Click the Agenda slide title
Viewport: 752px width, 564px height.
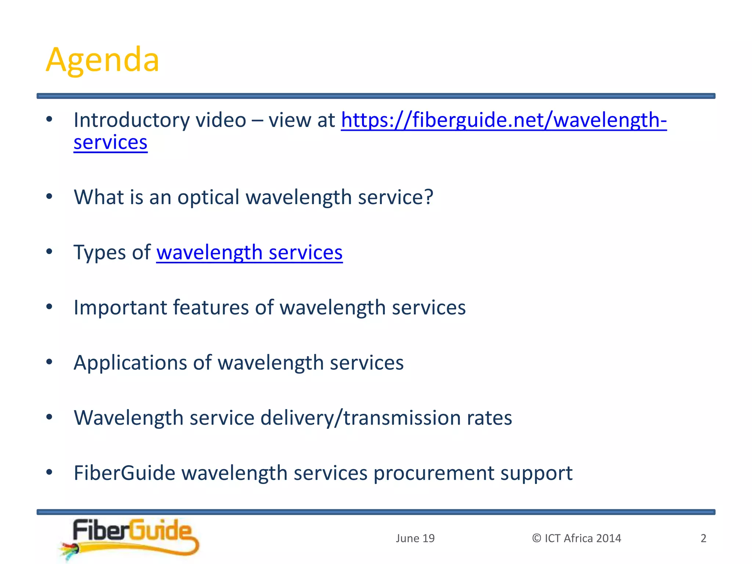pyautogui.click(x=102, y=60)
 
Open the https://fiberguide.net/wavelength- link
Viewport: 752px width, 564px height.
pyautogui.click(x=504, y=120)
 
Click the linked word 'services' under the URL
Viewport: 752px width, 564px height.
pyautogui.click(x=111, y=142)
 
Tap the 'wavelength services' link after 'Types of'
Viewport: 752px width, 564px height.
pyautogui.click(x=249, y=253)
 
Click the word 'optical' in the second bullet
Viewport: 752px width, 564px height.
pyautogui.click(x=208, y=198)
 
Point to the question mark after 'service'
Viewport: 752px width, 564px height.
pyautogui.click(x=429, y=197)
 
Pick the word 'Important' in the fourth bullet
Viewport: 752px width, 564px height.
pyautogui.click(x=120, y=308)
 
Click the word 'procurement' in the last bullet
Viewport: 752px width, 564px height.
pyautogui.click(x=433, y=473)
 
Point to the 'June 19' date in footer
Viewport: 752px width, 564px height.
pyautogui.click(x=415, y=538)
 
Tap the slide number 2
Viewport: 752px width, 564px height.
pyautogui.click(x=703, y=538)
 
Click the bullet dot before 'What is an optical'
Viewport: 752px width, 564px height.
pyautogui.click(x=50, y=196)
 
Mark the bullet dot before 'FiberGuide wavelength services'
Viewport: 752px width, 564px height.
pyautogui.click(x=50, y=472)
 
